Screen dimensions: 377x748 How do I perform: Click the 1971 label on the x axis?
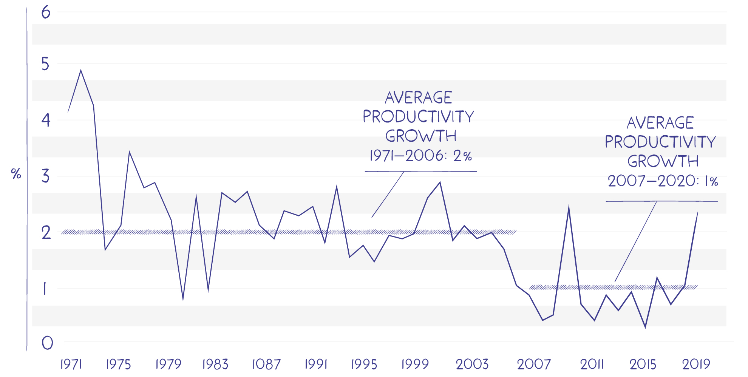click(x=71, y=364)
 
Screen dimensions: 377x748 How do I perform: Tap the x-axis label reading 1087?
click(x=266, y=364)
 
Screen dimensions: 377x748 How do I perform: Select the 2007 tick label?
click(x=534, y=364)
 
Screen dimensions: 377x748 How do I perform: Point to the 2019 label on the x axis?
click(x=696, y=364)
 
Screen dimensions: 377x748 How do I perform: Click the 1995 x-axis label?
click(x=364, y=364)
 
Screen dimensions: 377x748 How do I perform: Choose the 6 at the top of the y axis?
click(x=46, y=12)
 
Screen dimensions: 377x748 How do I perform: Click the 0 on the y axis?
click(x=47, y=343)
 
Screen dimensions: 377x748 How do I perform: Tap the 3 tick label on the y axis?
click(x=46, y=176)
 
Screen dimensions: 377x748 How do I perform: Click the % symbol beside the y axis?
click(x=16, y=174)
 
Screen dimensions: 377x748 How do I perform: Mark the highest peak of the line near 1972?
click(x=81, y=71)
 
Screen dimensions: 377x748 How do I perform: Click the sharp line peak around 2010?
click(x=569, y=207)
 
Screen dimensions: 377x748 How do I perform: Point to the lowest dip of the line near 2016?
click(x=645, y=327)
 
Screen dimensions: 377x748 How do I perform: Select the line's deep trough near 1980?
click(x=183, y=300)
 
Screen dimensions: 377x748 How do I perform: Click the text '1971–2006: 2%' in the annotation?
click(x=420, y=156)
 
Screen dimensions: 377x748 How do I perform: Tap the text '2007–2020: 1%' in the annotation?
click(x=663, y=181)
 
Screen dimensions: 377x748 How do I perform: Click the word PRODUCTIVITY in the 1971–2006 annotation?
click(x=418, y=117)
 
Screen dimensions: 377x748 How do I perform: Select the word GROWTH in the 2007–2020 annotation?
click(x=663, y=161)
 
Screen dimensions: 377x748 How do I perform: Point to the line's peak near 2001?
click(x=440, y=182)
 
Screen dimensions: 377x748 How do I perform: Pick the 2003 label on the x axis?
click(x=472, y=364)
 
